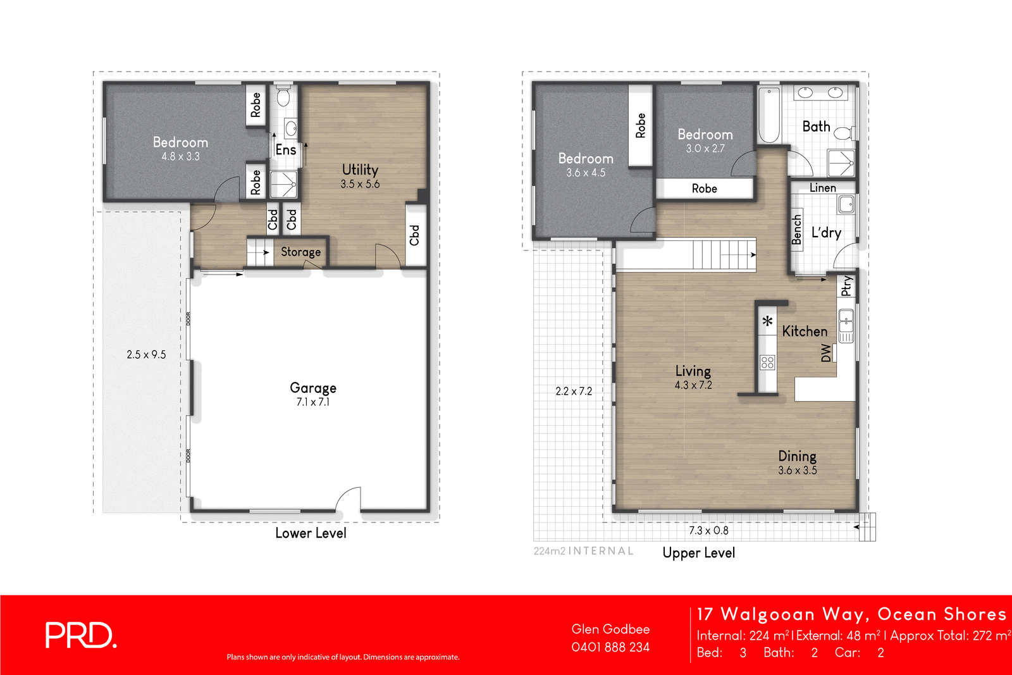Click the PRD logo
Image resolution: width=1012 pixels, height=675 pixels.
click(x=80, y=635)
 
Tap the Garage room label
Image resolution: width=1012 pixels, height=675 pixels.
click(x=313, y=388)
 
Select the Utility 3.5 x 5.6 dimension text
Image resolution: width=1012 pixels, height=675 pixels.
click(x=360, y=184)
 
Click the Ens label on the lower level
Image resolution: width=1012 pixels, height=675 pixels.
click(x=286, y=150)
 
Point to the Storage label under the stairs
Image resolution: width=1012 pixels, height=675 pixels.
click(x=300, y=252)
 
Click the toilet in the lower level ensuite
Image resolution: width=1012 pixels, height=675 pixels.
click(x=283, y=97)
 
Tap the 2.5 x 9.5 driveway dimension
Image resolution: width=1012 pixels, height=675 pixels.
click(x=146, y=355)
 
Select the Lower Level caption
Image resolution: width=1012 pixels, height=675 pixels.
click(x=311, y=533)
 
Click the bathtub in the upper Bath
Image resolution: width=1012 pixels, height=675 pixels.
click(x=769, y=116)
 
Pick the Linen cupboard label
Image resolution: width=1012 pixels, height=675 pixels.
click(x=822, y=188)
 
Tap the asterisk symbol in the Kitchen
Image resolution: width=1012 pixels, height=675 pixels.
click(x=767, y=322)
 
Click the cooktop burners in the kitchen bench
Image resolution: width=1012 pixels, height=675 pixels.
click(x=767, y=362)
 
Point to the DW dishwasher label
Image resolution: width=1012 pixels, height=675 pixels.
click(x=826, y=353)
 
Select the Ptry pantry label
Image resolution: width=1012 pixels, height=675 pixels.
click(x=846, y=286)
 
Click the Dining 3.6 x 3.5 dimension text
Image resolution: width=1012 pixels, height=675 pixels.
click(x=797, y=471)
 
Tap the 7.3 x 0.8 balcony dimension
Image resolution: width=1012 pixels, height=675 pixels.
click(x=708, y=531)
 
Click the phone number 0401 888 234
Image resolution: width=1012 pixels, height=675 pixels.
click(x=610, y=647)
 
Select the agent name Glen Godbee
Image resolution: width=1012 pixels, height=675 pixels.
click(x=610, y=629)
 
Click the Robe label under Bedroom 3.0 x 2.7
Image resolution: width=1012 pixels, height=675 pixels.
click(x=704, y=189)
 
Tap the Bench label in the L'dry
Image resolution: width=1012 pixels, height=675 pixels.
click(x=797, y=229)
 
